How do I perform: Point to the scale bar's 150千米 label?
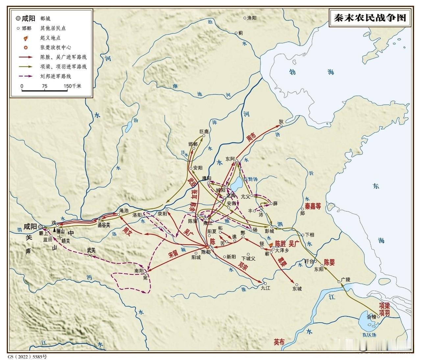(72, 86)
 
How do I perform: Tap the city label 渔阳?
(252, 18)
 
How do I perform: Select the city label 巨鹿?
(204, 132)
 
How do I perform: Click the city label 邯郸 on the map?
(193, 144)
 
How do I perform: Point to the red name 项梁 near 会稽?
(384, 305)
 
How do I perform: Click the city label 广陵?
(346, 279)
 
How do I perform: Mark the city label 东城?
(297, 289)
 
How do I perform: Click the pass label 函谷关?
(104, 225)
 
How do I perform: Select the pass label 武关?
(91, 250)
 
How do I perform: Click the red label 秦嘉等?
(312, 206)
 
